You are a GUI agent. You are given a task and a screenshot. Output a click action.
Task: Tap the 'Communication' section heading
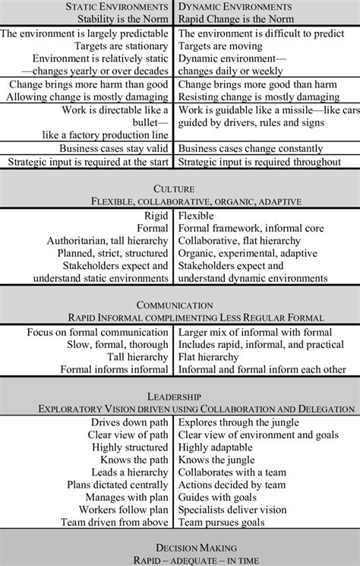(180, 304)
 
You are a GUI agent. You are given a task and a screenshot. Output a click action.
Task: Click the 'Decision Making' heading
(180, 546)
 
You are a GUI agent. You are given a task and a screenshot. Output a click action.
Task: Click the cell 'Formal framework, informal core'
(251, 228)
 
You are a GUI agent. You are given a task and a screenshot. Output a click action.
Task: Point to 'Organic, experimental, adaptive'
(254, 254)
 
